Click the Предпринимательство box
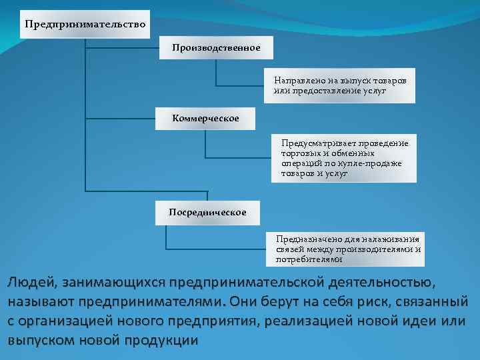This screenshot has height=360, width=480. click(x=85, y=25)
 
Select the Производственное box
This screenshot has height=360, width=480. click(x=215, y=48)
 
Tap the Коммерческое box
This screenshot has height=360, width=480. click(x=205, y=118)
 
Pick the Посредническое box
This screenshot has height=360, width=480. click(x=207, y=212)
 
